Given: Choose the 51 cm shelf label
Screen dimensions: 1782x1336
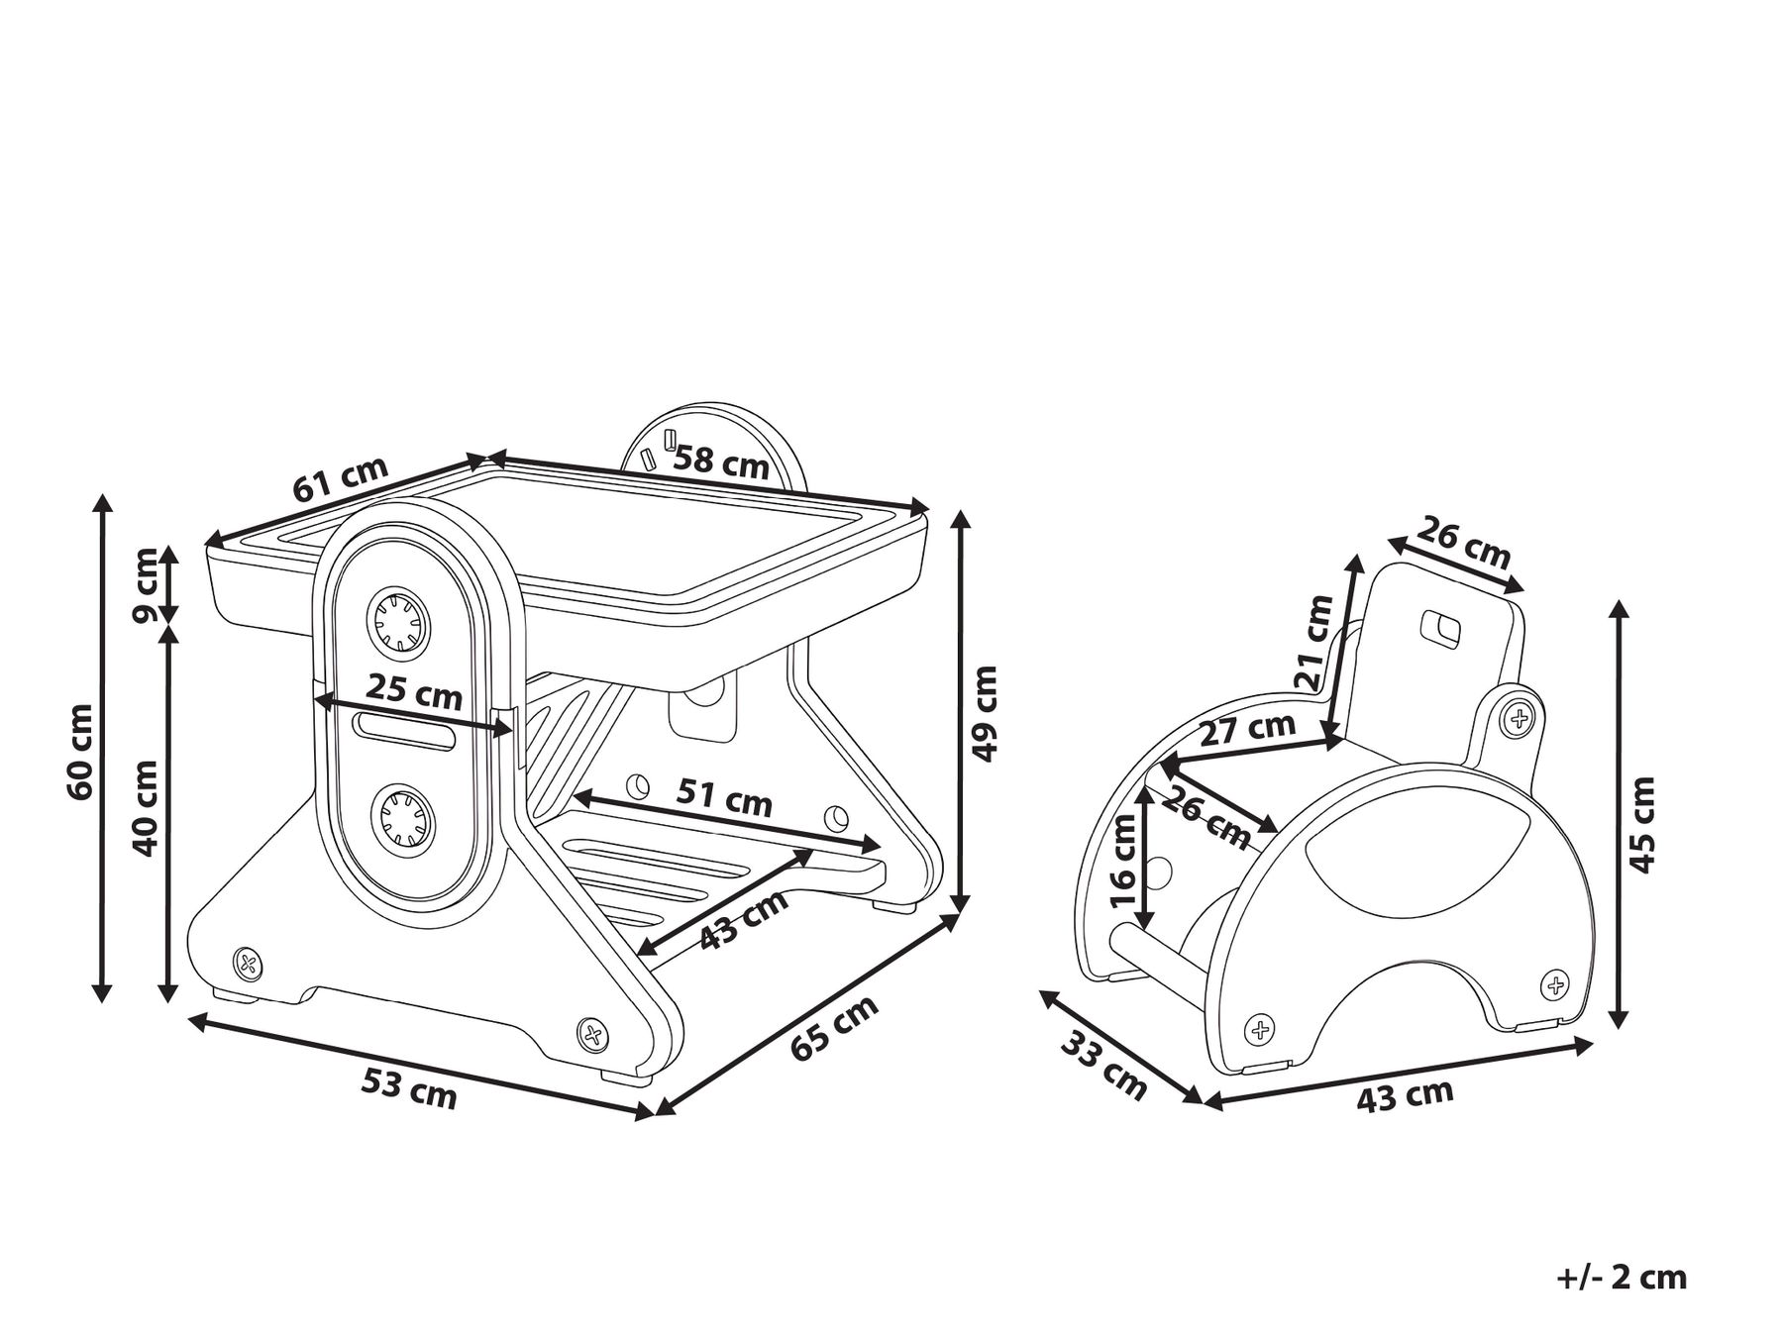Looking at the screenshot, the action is pos(725,796).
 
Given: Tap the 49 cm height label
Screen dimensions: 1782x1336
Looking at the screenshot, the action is pos(985,713).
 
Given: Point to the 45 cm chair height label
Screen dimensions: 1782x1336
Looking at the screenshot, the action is pos(1642,824).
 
